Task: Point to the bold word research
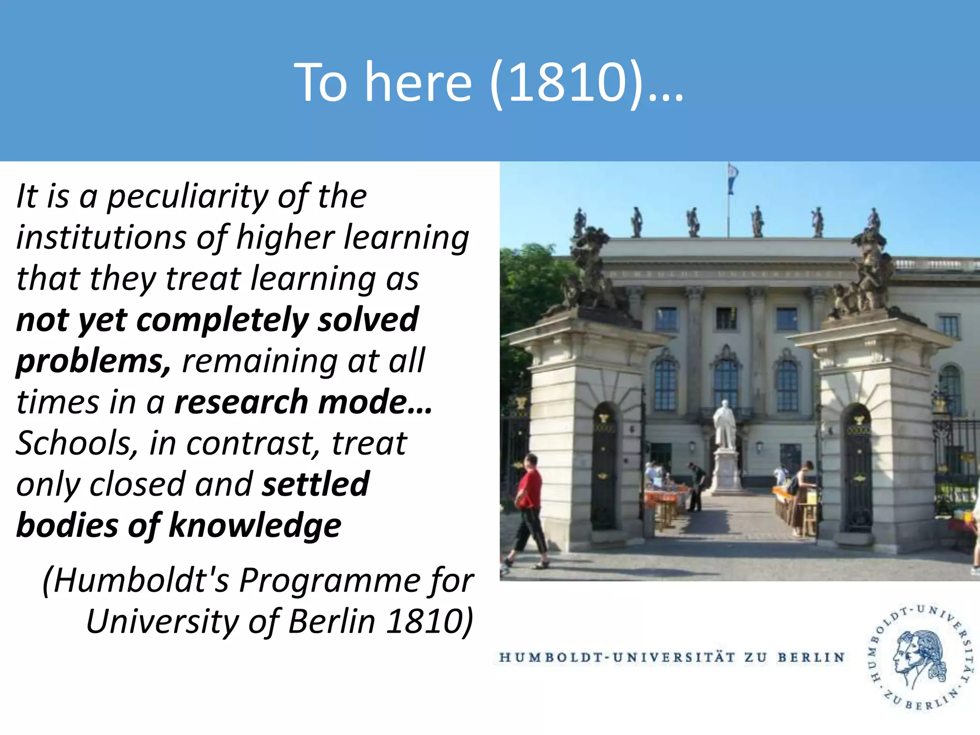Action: coord(241,402)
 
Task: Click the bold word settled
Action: coord(316,484)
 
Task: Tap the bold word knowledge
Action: coord(255,525)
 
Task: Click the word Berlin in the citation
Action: coord(332,622)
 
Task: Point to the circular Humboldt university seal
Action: coord(920,659)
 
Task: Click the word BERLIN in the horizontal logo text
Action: coord(811,657)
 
